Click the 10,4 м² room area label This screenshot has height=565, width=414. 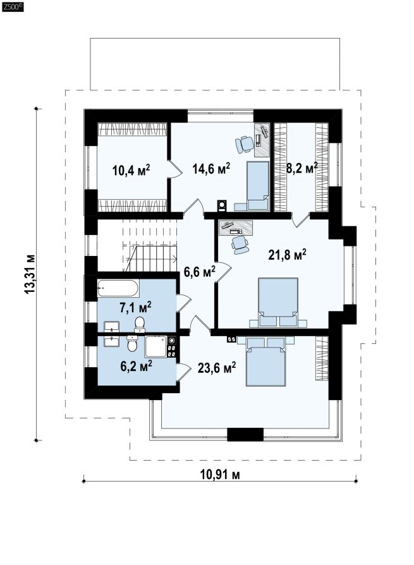click(x=131, y=169)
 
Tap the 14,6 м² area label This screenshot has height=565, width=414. click(x=211, y=168)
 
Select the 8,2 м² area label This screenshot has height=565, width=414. click(x=302, y=167)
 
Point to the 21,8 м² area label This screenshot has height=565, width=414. click(x=287, y=255)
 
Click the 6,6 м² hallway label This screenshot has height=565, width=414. click(x=200, y=271)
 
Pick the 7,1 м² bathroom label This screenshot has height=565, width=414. click(x=135, y=307)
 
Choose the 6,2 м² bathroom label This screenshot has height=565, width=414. click(x=136, y=366)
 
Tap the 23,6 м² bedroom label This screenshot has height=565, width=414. click(x=217, y=368)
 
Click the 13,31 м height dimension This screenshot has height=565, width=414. click(x=30, y=274)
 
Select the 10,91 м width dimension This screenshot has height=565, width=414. click(x=220, y=475)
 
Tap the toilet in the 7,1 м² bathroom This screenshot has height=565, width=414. click(x=139, y=324)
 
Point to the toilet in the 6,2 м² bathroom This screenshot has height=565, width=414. click(x=132, y=343)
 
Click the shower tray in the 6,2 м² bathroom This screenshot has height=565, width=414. click(x=155, y=346)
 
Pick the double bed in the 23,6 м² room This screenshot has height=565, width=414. click(x=266, y=361)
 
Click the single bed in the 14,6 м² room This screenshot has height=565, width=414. click(x=258, y=186)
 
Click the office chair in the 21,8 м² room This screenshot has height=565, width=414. click(x=240, y=245)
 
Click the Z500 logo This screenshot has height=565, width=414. click(x=13, y=6)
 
